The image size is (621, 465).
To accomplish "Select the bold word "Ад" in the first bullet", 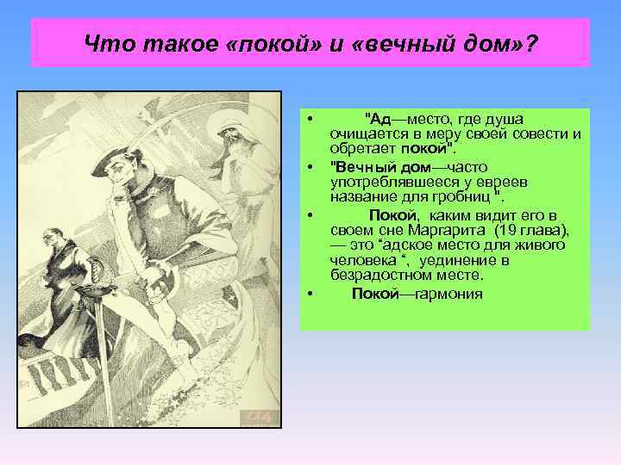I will tap(380, 118).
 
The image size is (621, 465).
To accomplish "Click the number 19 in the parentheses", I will tap(505, 230).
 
